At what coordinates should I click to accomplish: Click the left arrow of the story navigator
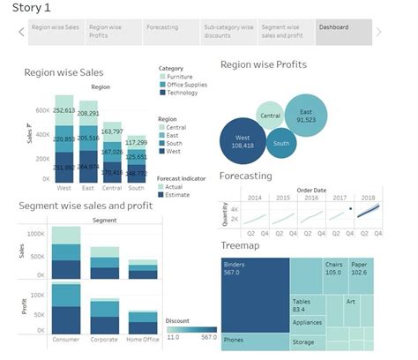21,33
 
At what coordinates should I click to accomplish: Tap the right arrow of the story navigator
379,33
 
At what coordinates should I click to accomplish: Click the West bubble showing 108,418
244,139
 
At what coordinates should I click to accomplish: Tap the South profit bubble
281,143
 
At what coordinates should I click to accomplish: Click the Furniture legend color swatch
162,78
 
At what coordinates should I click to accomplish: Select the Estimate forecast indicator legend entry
183,194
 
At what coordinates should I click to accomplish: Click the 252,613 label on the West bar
64,110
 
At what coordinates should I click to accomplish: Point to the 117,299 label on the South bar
136,142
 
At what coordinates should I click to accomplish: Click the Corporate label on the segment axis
105,339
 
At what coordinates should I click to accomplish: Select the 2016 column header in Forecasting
310,197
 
